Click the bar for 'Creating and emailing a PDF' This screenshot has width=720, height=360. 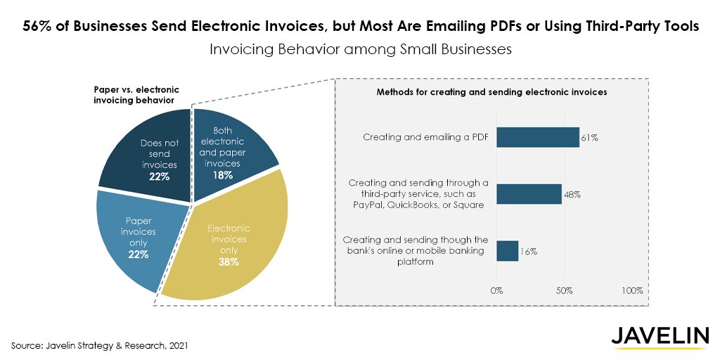[538, 137]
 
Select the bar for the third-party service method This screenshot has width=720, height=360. [529, 194]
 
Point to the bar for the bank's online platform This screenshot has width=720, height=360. [508, 251]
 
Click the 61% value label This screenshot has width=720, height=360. [589, 138]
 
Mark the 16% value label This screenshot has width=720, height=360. [529, 251]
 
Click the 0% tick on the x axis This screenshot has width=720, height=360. [496, 290]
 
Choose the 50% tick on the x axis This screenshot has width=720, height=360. [565, 290]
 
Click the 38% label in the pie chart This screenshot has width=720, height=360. [229, 262]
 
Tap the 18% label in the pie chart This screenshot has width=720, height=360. [223, 176]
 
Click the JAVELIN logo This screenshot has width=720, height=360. [659, 337]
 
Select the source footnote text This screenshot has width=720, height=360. [100, 346]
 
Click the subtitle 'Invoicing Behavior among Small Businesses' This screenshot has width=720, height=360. [360, 50]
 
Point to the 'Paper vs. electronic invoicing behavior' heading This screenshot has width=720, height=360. [136, 95]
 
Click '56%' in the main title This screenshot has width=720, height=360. [37, 26]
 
